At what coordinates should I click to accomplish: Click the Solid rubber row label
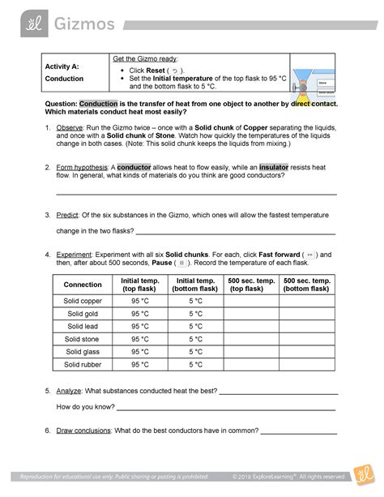[83, 365]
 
